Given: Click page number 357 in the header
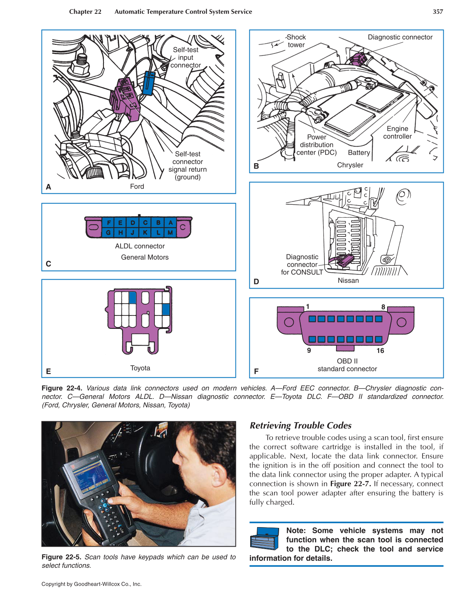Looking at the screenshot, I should (x=438, y=12).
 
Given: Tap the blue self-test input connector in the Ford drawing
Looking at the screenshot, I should (x=149, y=83).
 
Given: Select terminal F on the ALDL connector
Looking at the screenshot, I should (x=108, y=223).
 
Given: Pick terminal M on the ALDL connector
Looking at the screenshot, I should (x=170, y=233).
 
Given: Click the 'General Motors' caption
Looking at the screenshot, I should (x=145, y=257).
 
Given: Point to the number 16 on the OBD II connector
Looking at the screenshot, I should (x=380, y=351).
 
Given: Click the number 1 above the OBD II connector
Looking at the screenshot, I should (x=308, y=306).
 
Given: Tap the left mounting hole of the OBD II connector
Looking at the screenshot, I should (x=289, y=322).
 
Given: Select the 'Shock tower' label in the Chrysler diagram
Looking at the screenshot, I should (x=296, y=41).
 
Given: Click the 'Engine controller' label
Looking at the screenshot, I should (x=397, y=133).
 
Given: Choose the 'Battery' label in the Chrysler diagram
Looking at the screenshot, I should (x=359, y=153).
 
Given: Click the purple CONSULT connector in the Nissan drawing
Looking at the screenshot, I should (x=345, y=261).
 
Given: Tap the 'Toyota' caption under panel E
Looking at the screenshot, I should (x=140, y=368).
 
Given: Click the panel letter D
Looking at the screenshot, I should (x=256, y=282).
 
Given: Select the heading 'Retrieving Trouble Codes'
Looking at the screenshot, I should (x=300, y=425).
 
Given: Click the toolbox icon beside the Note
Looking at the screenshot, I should (x=264, y=539).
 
